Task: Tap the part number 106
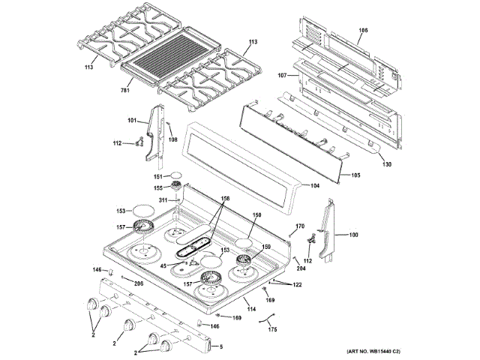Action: [x=363, y=30]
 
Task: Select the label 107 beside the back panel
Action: [x=283, y=75]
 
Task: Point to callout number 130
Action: [x=387, y=164]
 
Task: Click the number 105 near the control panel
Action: [x=355, y=175]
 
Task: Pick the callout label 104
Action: [x=314, y=184]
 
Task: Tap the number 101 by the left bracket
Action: [x=132, y=121]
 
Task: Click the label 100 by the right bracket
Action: [x=353, y=235]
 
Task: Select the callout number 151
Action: [x=158, y=176]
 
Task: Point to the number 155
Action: [x=158, y=187]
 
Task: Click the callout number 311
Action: [x=163, y=200]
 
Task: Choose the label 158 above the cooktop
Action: [x=224, y=199]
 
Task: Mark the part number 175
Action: [x=272, y=329]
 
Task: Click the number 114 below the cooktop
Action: [x=251, y=310]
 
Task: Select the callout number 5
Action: [x=220, y=346]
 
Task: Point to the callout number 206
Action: [x=138, y=283]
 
